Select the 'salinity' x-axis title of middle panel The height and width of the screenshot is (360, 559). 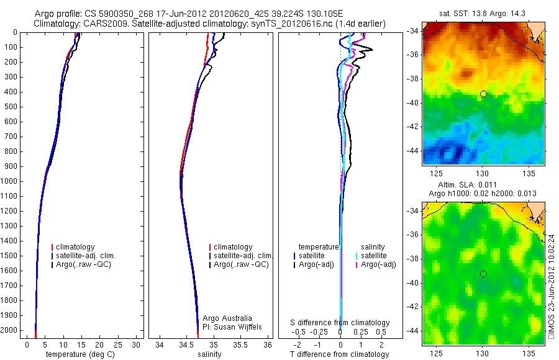point(209,354)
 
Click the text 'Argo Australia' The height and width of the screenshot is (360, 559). point(227,318)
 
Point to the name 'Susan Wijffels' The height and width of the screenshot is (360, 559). point(239,326)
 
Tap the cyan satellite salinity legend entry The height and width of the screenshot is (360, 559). point(375,256)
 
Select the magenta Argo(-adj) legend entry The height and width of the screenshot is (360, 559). point(378,264)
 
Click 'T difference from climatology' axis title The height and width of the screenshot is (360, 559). point(339,354)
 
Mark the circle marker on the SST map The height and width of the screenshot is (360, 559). point(483,94)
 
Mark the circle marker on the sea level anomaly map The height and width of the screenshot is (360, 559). point(483,274)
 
